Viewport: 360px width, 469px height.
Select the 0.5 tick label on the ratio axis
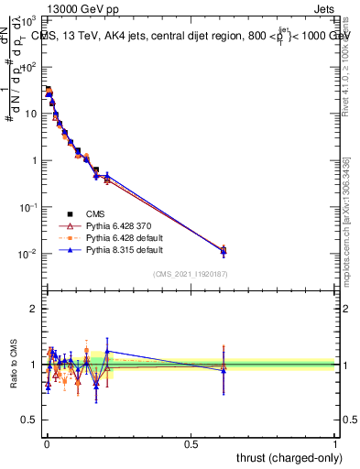point(29,421)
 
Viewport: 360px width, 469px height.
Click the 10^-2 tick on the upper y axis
point(28,254)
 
